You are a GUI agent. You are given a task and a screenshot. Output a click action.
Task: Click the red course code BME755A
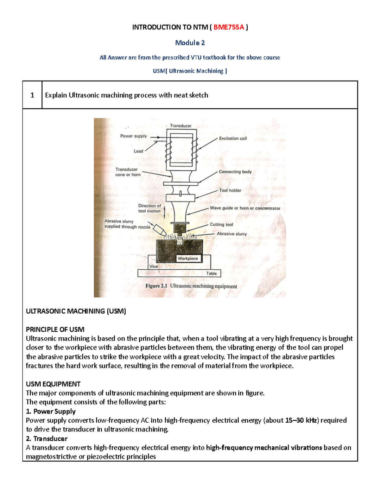[229, 27]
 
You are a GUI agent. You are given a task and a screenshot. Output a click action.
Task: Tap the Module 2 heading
[190, 43]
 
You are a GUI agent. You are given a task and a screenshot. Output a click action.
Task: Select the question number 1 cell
[32, 95]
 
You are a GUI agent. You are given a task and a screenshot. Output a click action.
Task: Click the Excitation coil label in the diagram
[233, 138]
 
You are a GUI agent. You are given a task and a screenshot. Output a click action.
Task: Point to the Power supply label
[133, 136]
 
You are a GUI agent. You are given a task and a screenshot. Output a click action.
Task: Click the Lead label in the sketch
[138, 151]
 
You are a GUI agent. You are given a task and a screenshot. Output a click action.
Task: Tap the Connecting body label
[235, 172]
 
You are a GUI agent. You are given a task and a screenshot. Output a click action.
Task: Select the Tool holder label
[230, 190]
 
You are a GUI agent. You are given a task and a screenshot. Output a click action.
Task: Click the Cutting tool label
[221, 224]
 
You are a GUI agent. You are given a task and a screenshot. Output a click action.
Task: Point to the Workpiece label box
[188, 259]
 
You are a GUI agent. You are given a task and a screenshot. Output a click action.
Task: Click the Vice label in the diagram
[154, 266]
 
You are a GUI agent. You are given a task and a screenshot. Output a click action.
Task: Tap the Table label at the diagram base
[212, 273]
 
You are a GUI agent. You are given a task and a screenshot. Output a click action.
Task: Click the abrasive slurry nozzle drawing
[159, 230]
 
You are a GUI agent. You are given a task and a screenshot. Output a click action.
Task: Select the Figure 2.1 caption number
[156, 286]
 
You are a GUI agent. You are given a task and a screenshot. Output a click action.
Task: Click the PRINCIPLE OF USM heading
[55, 329]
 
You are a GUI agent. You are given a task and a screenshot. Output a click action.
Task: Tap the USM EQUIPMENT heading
[53, 384]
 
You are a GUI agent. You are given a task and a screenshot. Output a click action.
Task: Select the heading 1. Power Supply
[51, 412]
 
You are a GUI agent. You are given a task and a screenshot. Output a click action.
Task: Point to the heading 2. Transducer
[47, 439]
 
